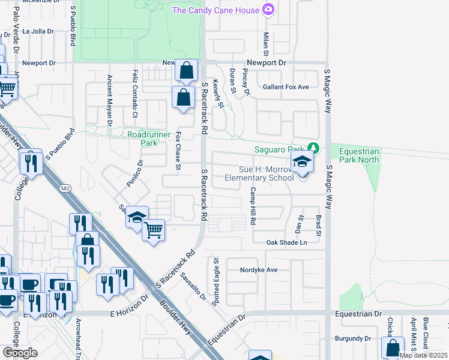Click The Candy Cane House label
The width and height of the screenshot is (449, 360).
click(x=215, y=10)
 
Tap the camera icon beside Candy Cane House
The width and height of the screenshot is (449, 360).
click(x=268, y=10)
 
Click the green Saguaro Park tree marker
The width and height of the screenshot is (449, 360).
click(x=312, y=148)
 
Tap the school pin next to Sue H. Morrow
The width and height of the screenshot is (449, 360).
click(x=302, y=163)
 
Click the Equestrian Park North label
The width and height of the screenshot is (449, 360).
click(x=358, y=156)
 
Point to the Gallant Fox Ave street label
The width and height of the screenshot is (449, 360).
click(x=286, y=87)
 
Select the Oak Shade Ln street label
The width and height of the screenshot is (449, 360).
click(x=286, y=242)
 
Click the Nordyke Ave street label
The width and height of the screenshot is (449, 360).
click(x=258, y=270)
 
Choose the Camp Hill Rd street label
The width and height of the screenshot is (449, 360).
click(x=253, y=206)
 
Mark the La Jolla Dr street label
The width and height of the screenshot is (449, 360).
click(x=38, y=31)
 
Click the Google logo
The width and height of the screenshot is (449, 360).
click(x=20, y=353)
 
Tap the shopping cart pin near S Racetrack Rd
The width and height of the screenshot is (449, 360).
click(x=154, y=230)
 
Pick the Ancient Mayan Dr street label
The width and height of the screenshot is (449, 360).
click(x=110, y=100)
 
